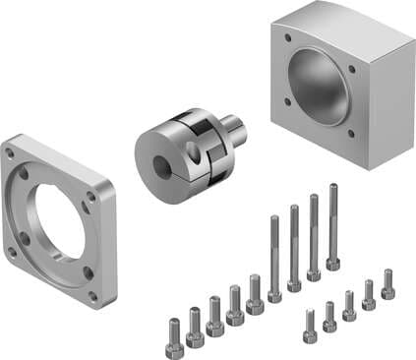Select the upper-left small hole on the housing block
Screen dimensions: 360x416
(x=287, y=40)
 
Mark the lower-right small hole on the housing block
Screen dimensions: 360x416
(x=350, y=134)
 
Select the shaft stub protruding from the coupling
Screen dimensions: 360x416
(x=234, y=129)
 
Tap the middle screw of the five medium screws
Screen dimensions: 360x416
(x=214, y=316)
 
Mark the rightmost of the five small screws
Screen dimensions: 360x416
(x=387, y=285)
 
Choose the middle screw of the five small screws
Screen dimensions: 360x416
(x=349, y=306)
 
